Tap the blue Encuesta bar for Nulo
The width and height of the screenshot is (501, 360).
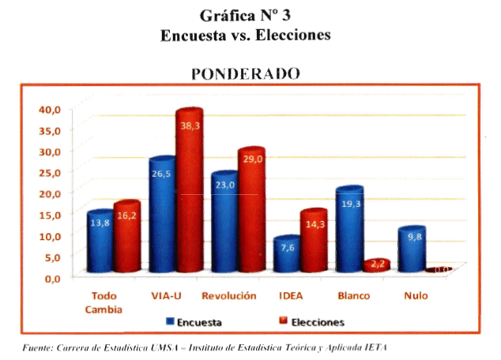pyautogui.click(x=411, y=253)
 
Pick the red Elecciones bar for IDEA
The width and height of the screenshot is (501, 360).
pyautogui.click(x=314, y=245)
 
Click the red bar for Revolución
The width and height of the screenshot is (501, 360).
pyautogui.click(x=251, y=213)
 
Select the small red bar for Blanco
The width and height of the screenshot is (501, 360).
pyautogui.click(x=375, y=266)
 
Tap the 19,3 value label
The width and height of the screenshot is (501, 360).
pyautogui.click(x=349, y=204)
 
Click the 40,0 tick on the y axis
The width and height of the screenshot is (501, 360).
pyautogui.click(x=49, y=109)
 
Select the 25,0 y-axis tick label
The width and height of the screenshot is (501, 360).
pyautogui.click(x=49, y=172)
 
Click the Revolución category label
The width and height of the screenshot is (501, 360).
pyautogui.click(x=229, y=295)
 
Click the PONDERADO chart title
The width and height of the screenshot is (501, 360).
pyautogui.click(x=246, y=74)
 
